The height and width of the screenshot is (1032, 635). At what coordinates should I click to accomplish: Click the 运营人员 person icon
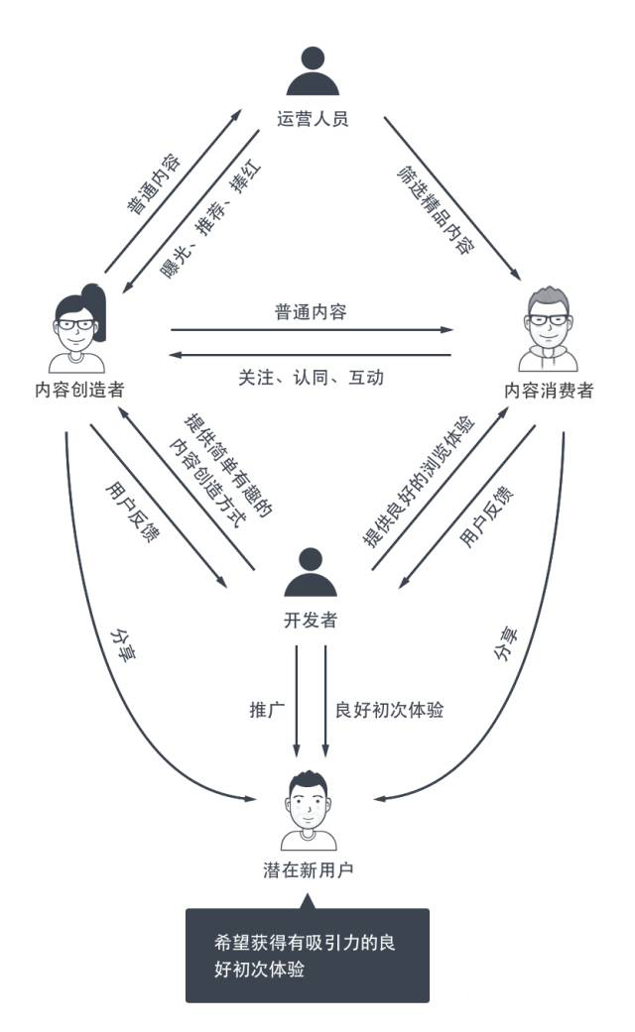(x=313, y=71)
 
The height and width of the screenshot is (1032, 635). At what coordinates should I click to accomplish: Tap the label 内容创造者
(x=79, y=390)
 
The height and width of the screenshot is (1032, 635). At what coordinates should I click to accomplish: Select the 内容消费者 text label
(x=549, y=391)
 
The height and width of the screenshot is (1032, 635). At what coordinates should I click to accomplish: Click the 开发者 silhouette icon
(x=311, y=572)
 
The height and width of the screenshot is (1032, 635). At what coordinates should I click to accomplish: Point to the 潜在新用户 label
(x=309, y=870)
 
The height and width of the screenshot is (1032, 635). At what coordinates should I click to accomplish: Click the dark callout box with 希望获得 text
(x=307, y=956)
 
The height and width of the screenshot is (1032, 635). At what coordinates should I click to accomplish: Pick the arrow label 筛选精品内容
(x=436, y=210)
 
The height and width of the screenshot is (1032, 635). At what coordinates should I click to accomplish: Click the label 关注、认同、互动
(x=311, y=377)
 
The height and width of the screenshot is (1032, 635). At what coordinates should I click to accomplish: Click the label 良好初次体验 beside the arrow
(x=389, y=710)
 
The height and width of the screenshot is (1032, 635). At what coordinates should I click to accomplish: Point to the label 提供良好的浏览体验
(x=420, y=481)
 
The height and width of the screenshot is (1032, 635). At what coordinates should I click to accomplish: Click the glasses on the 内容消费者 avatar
(x=548, y=320)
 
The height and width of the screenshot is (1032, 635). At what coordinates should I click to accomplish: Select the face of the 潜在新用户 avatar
(x=309, y=808)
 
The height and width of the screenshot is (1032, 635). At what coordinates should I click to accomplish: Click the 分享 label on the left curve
(x=122, y=644)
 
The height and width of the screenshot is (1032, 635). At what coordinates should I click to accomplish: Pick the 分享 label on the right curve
(x=505, y=644)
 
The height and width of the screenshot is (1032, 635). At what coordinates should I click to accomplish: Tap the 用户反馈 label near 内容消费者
(x=486, y=517)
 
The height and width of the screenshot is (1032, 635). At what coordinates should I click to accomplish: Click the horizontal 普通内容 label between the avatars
(x=311, y=311)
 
